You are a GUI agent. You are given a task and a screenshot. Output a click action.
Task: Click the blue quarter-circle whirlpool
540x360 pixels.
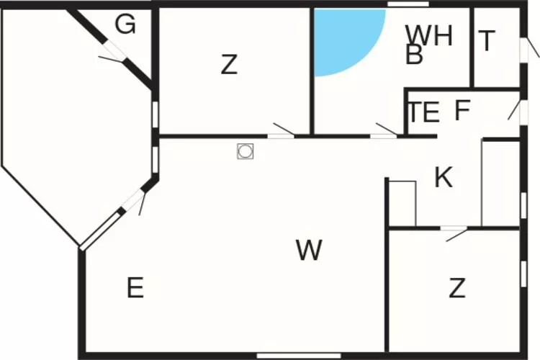tap(344, 38)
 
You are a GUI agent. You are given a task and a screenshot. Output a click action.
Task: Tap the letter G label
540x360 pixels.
tap(125, 24)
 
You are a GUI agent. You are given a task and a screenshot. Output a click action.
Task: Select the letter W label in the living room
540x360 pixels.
tap(309, 250)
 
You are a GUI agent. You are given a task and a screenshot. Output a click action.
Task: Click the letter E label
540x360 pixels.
tap(135, 288)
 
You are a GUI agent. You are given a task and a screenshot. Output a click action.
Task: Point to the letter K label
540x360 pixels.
tap(444, 177)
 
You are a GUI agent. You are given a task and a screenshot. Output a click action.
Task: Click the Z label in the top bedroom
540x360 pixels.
tap(229, 64)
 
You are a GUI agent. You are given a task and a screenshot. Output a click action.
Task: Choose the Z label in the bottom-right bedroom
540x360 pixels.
tap(457, 288)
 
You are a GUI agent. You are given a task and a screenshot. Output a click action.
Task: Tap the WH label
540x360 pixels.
tap(429, 35)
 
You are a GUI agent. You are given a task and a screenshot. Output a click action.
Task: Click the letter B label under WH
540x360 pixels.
tap(414, 54)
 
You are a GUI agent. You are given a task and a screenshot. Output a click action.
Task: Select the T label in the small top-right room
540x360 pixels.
tap(487, 40)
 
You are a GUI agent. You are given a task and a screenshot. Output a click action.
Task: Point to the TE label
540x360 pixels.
tap(424, 112)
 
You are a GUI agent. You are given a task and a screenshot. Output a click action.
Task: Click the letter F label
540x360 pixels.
tap(462, 110)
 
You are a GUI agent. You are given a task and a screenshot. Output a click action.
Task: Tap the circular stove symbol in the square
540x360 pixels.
tap(246, 151)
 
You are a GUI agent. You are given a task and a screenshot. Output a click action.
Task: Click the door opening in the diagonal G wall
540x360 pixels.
tap(113, 52)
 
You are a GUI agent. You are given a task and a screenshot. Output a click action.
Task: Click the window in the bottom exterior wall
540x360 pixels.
tap(299, 356)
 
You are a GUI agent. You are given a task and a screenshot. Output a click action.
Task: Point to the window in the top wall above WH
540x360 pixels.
tap(408, 4)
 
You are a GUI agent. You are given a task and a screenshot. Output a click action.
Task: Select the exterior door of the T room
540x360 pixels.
tap(524, 50)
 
